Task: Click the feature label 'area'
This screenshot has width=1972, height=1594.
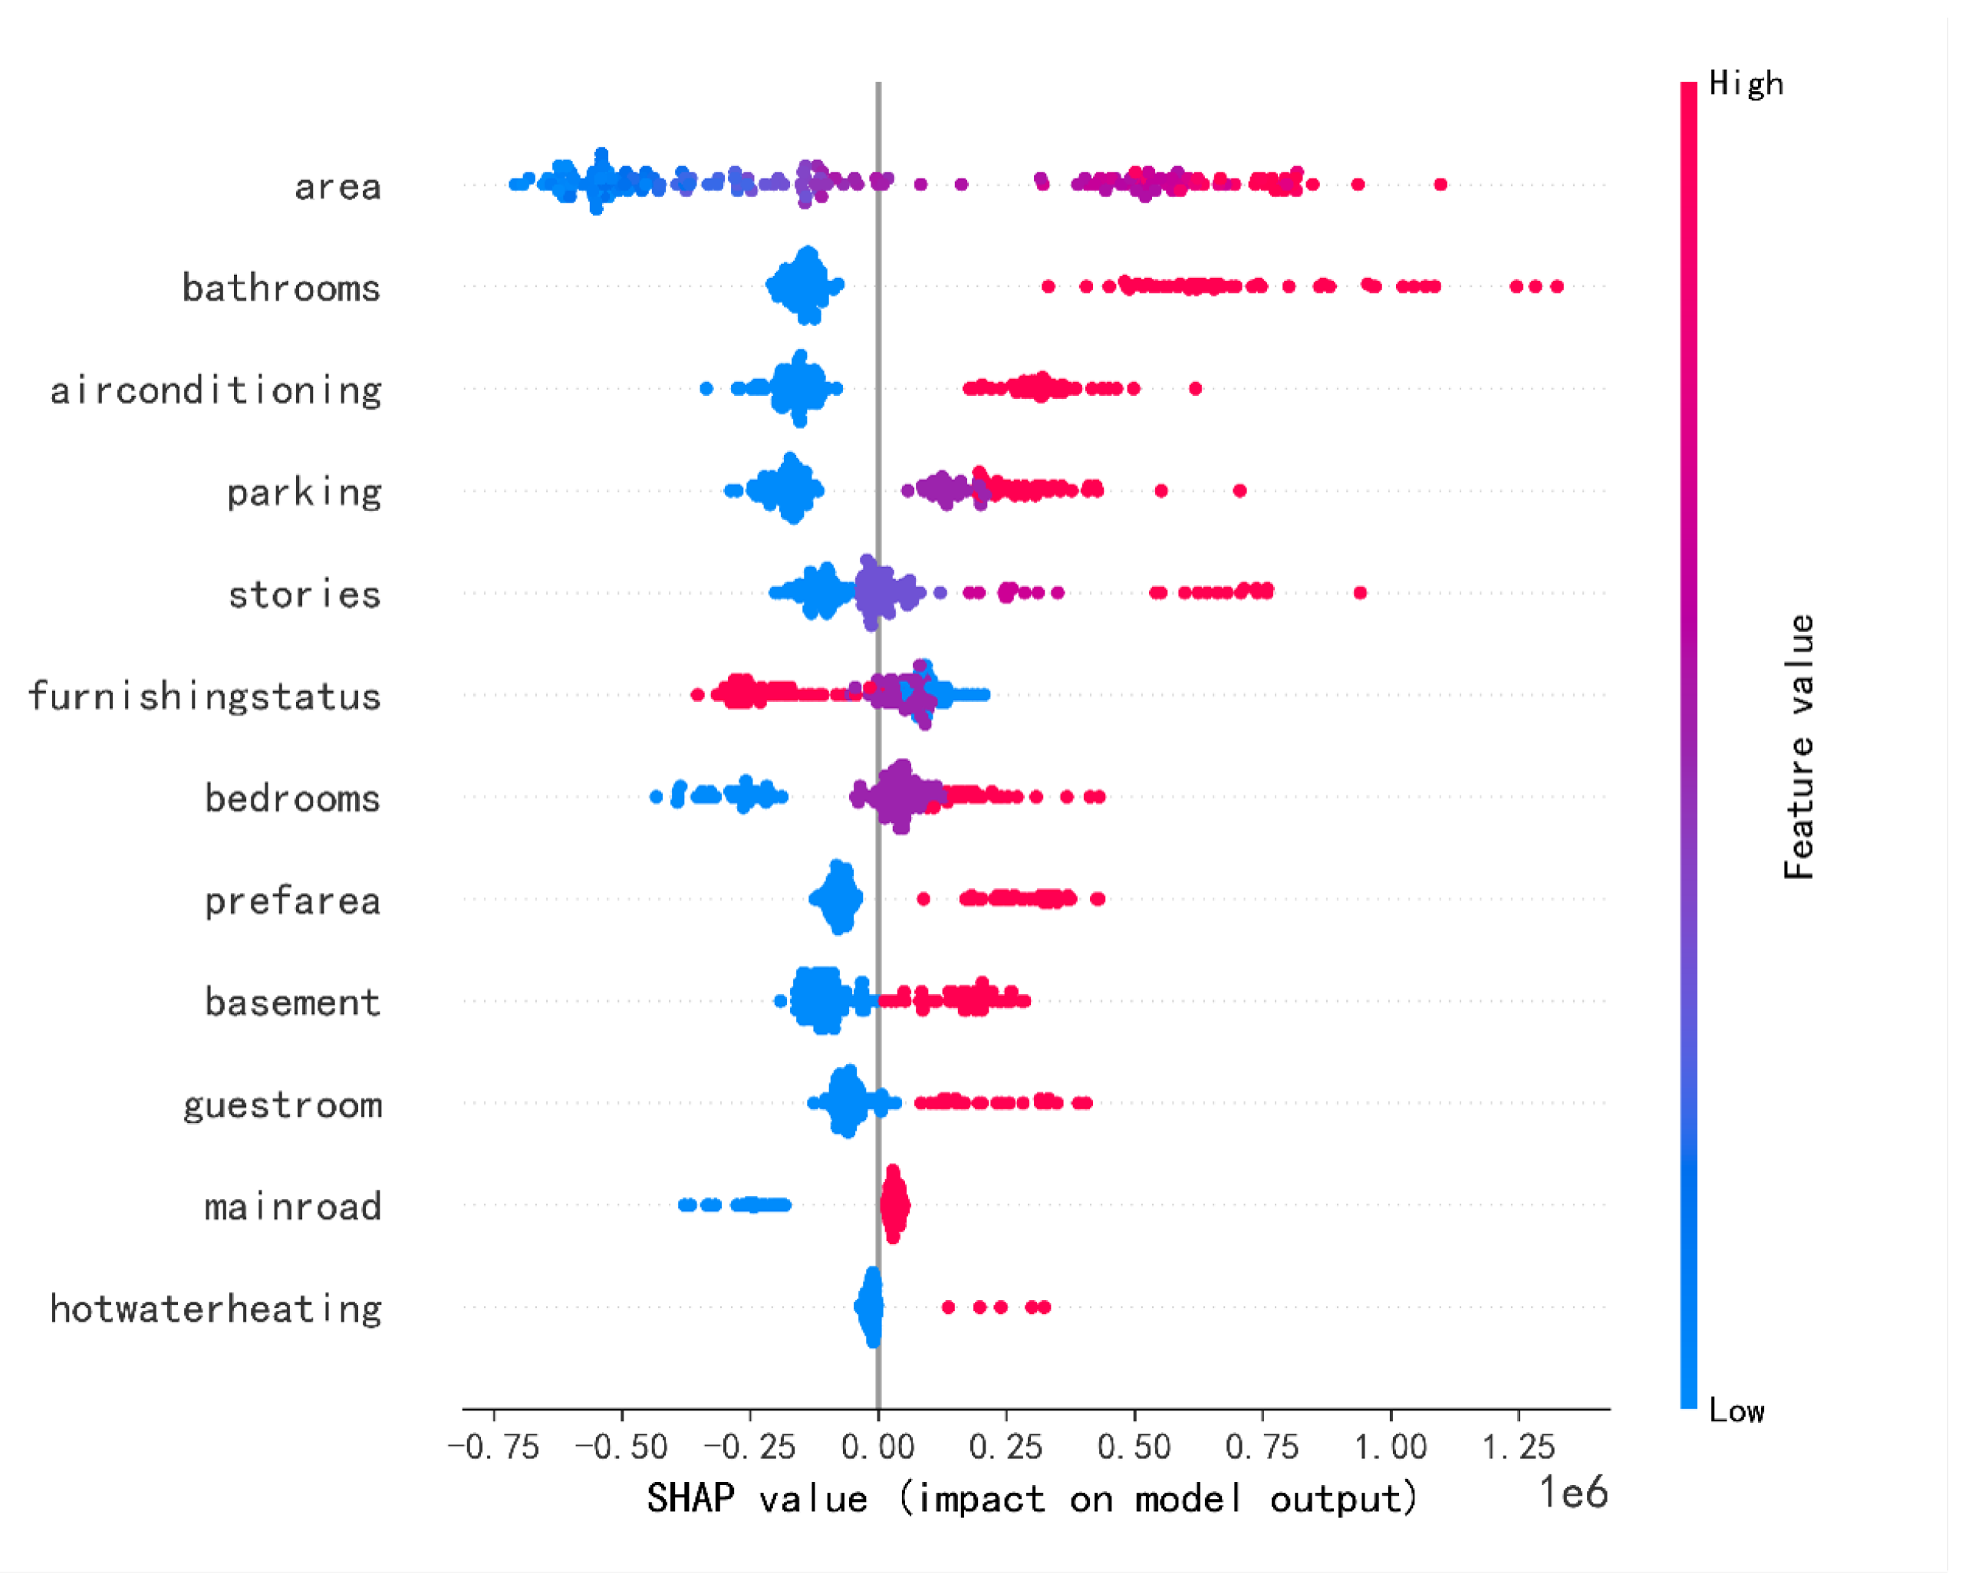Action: tap(337, 187)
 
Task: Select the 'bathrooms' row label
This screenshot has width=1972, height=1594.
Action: tap(281, 288)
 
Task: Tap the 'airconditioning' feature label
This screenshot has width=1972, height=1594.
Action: tap(216, 391)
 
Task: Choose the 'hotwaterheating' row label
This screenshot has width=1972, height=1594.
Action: tap(216, 1309)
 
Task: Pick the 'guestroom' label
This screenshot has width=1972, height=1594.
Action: tap(281, 1105)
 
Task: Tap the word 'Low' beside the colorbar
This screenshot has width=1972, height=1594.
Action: tap(1736, 1411)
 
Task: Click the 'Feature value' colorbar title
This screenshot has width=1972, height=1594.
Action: tap(1799, 746)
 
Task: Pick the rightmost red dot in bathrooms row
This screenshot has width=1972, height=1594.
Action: tap(1557, 286)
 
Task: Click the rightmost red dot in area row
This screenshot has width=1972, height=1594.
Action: tap(1440, 185)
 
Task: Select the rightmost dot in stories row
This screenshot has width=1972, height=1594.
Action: tap(1361, 592)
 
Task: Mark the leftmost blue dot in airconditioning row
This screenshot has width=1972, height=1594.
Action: tap(706, 388)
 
